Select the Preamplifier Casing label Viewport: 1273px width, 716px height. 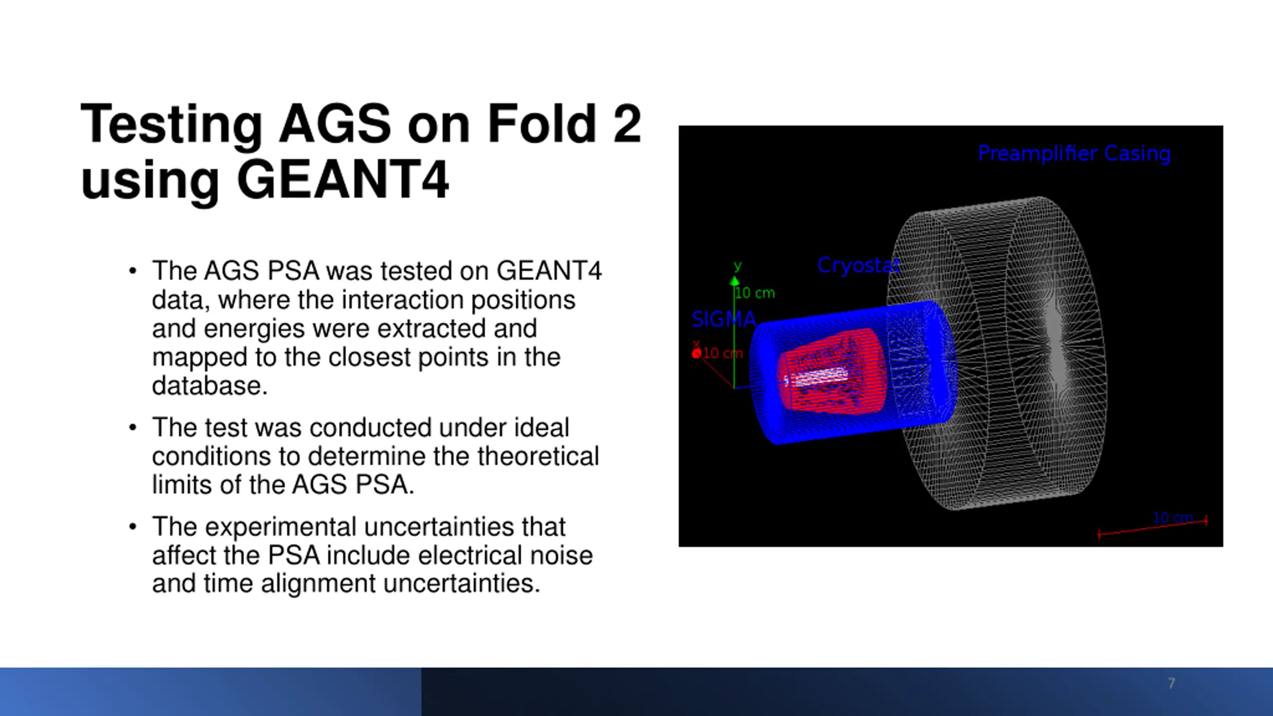pyautogui.click(x=1074, y=153)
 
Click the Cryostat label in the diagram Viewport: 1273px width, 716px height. pyautogui.click(x=859, y=265)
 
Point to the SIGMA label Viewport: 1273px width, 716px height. pyautogui.click(x=724, y=319)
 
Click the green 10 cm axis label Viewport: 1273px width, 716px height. pyautogui.click(x=755, y=293)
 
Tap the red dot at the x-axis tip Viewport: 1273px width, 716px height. pyautogui.click(x=696, y=354)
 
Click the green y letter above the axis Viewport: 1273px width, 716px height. pyautogui.click(x=738, y=266)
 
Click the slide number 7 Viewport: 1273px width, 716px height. pyautogui.click(x=1172, y=683)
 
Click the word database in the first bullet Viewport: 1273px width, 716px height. pyautogui.click(x=209, y=386)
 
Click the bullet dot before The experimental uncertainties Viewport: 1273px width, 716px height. pyautogui.click(x=132, y=527)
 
